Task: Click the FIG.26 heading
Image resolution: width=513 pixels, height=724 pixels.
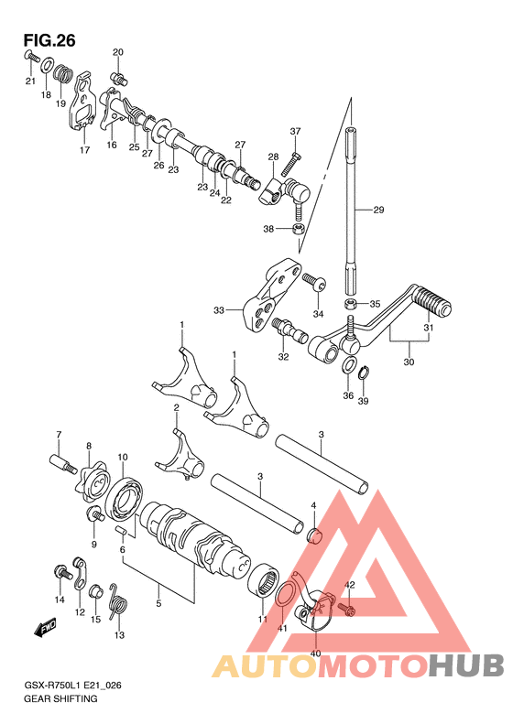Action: pos(49,40)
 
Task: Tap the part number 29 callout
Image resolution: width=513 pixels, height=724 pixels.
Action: pos(378,211)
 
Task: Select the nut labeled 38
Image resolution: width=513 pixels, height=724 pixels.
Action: pos(299,229)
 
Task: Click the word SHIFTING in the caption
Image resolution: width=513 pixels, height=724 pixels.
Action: pos(76,698)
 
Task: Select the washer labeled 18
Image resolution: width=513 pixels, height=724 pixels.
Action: pos(47,66)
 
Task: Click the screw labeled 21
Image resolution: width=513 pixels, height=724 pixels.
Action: pos(30,57)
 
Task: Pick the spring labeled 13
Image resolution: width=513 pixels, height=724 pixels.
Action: pos(118,602)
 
